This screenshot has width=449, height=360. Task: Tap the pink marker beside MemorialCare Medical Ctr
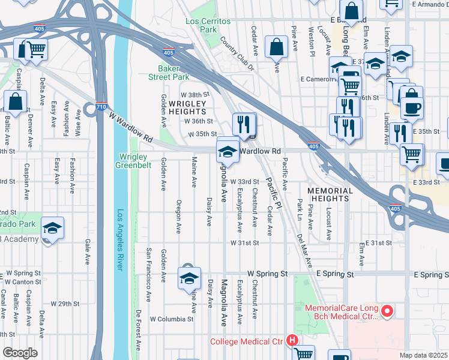pos(387,311)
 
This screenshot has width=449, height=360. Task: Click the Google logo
pos(19,352)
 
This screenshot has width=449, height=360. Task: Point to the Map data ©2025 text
pos(424,355)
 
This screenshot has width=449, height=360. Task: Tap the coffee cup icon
pos(412,109)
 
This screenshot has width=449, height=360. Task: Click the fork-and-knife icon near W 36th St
pos(244,124)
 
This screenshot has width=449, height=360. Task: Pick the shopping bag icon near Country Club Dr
pos(276,46)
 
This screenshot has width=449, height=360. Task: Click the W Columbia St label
pos(172,319)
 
